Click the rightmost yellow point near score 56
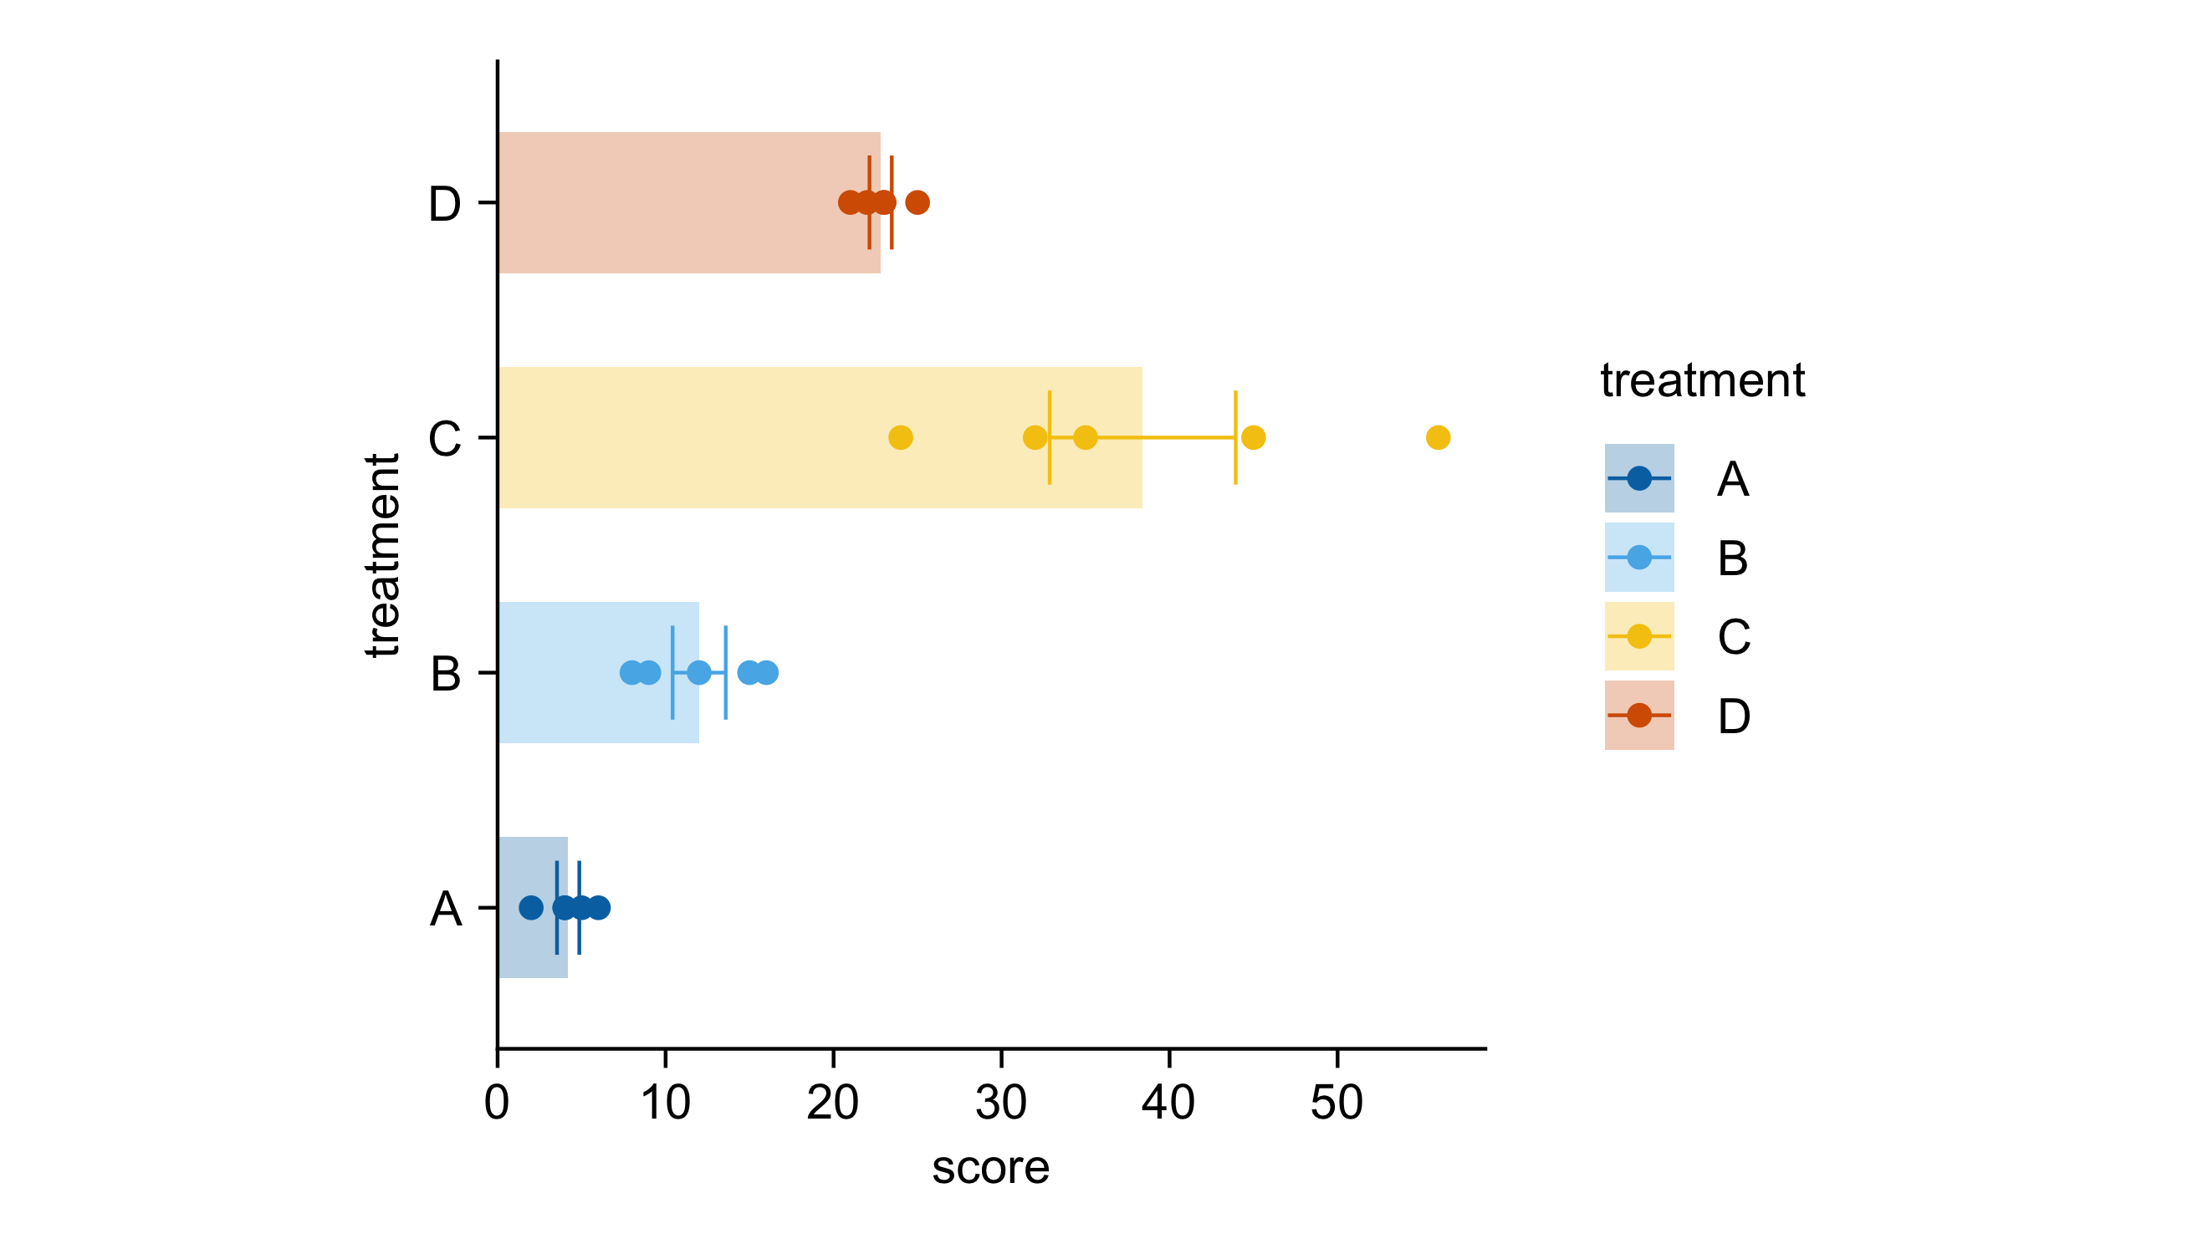click(1438, 437)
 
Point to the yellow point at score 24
click(900, 437)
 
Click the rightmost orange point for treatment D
click(917, 202)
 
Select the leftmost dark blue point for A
click(531, 908)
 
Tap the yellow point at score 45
click(1254, 437)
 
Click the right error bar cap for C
click(1235, 437)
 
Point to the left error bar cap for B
click(672, 673)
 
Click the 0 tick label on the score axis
click(497, 1103)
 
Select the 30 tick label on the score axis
click(1001, 1103)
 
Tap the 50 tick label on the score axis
click(1337, 1103)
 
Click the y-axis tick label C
click(445, 438)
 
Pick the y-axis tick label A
click(446, 909)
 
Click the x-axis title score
click(991, 1168)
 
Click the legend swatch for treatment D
click(1639, 716)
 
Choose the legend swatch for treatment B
click(1639, 558)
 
